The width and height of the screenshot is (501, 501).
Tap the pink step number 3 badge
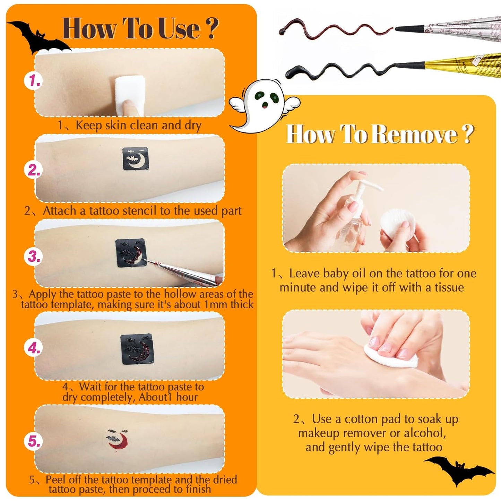(34, 257)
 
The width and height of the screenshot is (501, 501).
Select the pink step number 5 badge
(34, 441)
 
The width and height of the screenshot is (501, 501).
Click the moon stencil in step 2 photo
(136, 159)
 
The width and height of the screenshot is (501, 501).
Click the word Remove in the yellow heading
(416, 134)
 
